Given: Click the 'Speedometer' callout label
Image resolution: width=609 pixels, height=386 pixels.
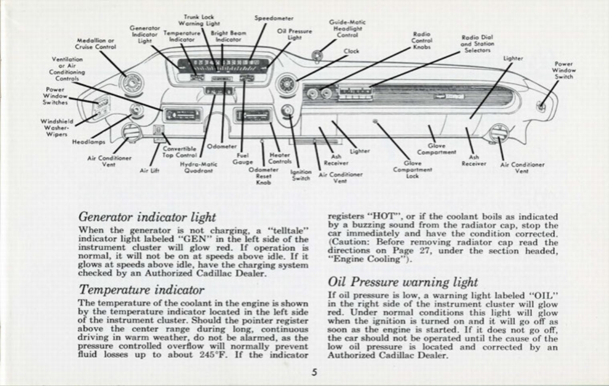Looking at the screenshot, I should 274,18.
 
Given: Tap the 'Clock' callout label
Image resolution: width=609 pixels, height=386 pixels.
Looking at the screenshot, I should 351,51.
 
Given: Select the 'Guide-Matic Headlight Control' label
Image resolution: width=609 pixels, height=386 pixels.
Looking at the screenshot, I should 347,29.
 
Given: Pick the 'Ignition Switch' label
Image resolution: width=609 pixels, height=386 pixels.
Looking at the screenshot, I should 301,175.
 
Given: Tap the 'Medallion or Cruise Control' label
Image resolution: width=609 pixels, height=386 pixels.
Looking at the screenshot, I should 96,43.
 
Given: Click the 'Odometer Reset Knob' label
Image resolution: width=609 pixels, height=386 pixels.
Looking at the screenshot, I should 263,176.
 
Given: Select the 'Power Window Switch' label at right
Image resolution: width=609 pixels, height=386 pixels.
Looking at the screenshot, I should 564,70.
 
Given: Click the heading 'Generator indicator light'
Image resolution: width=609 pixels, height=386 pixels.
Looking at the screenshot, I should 147,217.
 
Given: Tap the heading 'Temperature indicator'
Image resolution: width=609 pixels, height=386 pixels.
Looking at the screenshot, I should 142,290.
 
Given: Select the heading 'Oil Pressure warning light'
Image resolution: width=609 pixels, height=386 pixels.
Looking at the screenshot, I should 403,282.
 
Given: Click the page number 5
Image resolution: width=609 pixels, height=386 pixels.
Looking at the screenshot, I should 314,373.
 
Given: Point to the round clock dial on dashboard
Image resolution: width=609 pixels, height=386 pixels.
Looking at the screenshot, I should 287,84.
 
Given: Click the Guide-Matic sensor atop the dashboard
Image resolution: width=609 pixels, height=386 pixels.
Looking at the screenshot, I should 318,57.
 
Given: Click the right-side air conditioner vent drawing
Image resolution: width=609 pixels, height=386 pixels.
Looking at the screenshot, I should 498,133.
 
